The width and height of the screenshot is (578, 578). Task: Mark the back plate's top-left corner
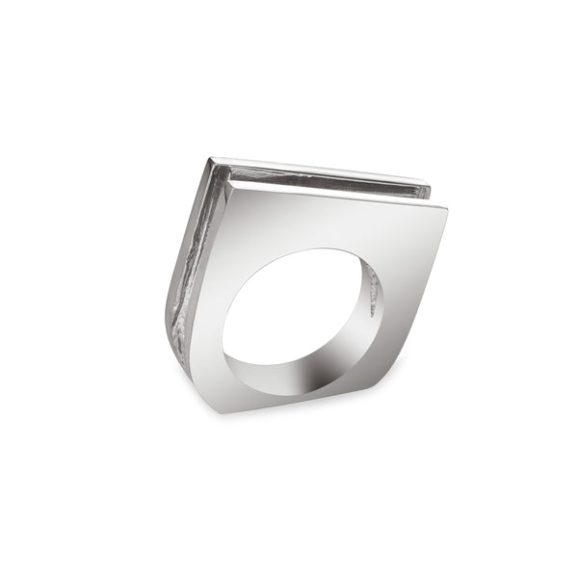[211, 157]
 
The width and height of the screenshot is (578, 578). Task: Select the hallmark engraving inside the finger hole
[371, 289]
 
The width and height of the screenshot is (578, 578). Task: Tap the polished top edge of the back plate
[318, 170]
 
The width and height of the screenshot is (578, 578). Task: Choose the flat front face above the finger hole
[328, 222]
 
